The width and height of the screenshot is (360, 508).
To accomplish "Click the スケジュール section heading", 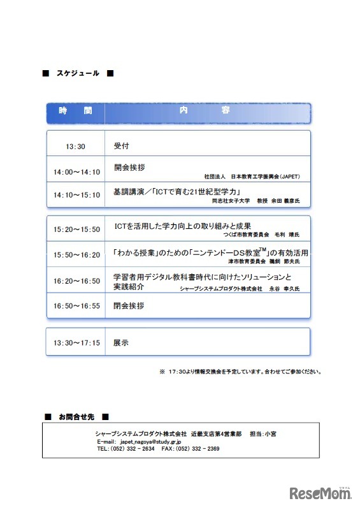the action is (77, 73).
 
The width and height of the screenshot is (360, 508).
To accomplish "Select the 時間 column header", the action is (75, 111).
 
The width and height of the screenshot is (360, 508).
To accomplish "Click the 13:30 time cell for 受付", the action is (75, 147).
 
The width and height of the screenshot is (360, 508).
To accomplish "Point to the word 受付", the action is (121, 146).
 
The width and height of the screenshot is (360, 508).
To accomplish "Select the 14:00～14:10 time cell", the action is (77, 172).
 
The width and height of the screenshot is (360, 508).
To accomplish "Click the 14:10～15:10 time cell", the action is (77, 195).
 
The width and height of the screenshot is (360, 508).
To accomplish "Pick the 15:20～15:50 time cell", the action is (77, 229).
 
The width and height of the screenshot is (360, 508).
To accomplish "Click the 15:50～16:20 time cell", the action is (77, 255).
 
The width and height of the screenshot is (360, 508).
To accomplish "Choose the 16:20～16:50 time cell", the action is (77, 280).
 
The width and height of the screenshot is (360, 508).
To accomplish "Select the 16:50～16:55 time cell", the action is (77, 306).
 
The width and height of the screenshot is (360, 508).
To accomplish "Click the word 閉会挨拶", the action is (129, 306).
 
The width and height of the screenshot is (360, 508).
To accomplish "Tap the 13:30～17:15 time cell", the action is (77, 343).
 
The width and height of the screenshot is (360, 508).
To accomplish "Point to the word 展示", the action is (121, 342).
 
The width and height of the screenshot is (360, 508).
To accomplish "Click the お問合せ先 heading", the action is (76, 417).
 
